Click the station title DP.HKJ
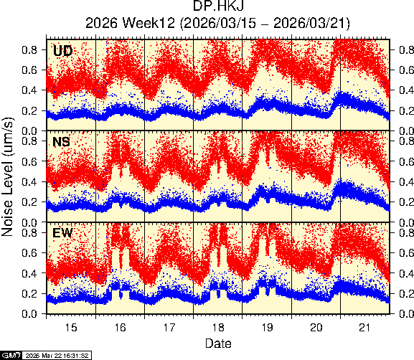[x=218, y=6]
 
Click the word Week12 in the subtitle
[x=149, y=23]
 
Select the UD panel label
[x=62, y=50]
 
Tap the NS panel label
[x=61, y=142]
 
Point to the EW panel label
[x=62, y=233]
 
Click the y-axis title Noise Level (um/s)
[x=7, y=176]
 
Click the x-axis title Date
[x=218, y=344]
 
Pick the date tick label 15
[x=71, y=327]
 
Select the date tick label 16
[x=120, y=327]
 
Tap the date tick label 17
[x=169, y=327]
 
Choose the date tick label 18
[x=218, y=327]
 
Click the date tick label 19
[x=267, y=327]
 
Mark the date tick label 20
[x=316, y=327]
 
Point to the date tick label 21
[x=365, y=327]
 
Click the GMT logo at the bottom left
[x=11, y=355]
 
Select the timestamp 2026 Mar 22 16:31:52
[x=57, y=355]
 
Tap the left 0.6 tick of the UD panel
[x=29, y=70]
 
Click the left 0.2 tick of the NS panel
[x=29, y=202]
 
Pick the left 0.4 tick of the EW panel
[x=29, y=273]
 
